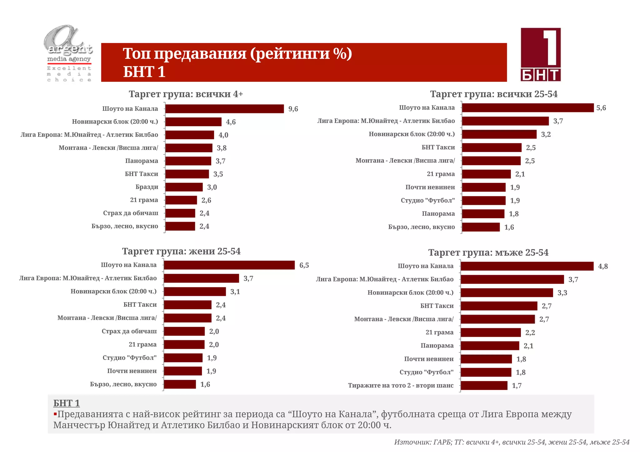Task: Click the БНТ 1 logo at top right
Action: pos(541,55)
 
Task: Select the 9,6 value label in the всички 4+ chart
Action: pos(293,109)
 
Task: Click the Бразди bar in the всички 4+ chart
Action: pos(184,187)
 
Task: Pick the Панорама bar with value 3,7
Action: pos(188,161)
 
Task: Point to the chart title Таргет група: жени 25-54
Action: pos(181,251)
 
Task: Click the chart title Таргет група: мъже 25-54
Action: pos(488,253)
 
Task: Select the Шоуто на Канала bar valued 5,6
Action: pos(527,108)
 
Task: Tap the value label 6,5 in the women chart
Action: pos(304,265)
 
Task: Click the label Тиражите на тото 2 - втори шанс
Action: pos(401,386)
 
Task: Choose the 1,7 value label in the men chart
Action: pos(517,386)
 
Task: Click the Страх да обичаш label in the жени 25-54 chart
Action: pos(129,331)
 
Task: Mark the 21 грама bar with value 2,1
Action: pos(486,174)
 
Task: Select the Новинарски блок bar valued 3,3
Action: pos(507,293)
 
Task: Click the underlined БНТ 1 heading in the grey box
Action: pos(67,403)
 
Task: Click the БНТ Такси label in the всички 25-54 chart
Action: pos(438,147)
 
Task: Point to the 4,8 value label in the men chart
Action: pos(603,266)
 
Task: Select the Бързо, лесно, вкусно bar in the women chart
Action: pos(180,384)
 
